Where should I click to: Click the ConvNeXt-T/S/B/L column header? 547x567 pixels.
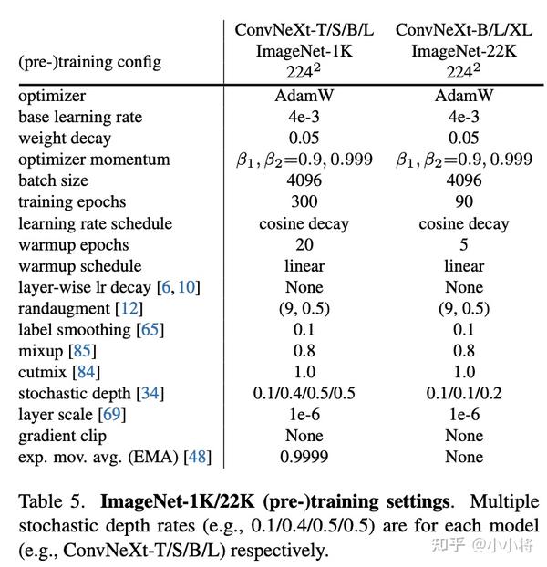coord(304,30)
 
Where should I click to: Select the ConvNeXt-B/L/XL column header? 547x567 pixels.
coord(464,30)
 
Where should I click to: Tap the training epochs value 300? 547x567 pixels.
coord(304,201)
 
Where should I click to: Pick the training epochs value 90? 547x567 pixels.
coord(464,201)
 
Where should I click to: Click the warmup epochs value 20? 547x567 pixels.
coord(304,244)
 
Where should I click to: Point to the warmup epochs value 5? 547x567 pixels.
coord(464,244)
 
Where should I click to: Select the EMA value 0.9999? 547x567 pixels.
coord(304,458)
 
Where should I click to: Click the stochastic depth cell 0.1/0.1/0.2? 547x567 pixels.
coord(464,394)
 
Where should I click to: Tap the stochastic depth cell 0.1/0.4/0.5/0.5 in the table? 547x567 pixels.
coord(304,394)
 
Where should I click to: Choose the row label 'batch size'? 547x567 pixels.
coord(53,180)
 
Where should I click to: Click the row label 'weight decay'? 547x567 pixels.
coord(64,139)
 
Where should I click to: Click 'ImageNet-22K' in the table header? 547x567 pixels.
coord(464,51)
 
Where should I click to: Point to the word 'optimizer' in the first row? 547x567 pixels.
coord(52,96)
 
